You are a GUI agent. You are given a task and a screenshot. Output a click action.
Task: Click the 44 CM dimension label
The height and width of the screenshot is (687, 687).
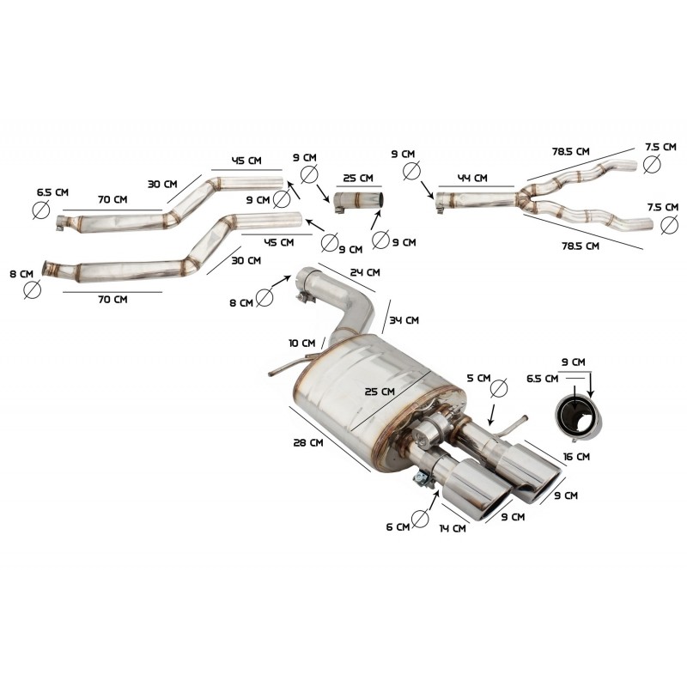point(472,179)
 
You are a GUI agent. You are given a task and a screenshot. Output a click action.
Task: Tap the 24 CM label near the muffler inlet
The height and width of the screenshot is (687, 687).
point(365,273)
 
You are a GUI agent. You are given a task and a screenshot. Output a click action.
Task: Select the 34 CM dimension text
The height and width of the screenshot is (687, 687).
point(404,320)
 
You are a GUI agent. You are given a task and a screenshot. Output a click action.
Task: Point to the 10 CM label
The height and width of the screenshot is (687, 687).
point(302,343)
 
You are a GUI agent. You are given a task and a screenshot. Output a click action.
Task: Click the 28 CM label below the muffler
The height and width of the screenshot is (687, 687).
point(307,444)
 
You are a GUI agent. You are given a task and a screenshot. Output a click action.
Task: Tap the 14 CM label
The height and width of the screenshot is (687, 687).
point(453,529)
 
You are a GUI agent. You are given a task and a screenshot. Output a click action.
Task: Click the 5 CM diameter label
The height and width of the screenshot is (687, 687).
point(479,378)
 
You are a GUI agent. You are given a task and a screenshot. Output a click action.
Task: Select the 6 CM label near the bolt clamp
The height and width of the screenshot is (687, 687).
point(397,526)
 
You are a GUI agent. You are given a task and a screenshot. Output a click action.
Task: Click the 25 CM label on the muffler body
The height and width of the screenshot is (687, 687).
point(380,392)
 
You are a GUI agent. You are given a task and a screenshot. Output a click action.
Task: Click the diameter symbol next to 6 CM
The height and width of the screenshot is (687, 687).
point(420,518)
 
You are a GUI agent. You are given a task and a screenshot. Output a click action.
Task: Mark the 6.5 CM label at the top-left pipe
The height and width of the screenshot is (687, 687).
point(51,192)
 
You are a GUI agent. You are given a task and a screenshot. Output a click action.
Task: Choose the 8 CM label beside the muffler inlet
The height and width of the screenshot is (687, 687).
point(242,302)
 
